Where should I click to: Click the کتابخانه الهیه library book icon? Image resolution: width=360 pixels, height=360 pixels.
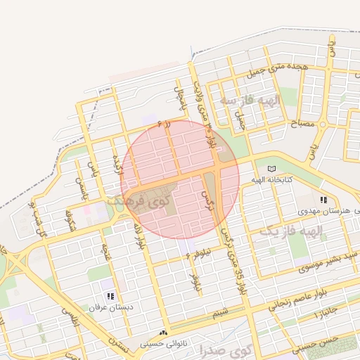(272, 169)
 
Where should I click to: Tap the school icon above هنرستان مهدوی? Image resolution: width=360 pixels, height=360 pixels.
(323, 200)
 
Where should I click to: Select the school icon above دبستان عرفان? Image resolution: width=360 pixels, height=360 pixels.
(110, 297)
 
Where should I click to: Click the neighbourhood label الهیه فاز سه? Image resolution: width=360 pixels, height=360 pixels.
(250, 101)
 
